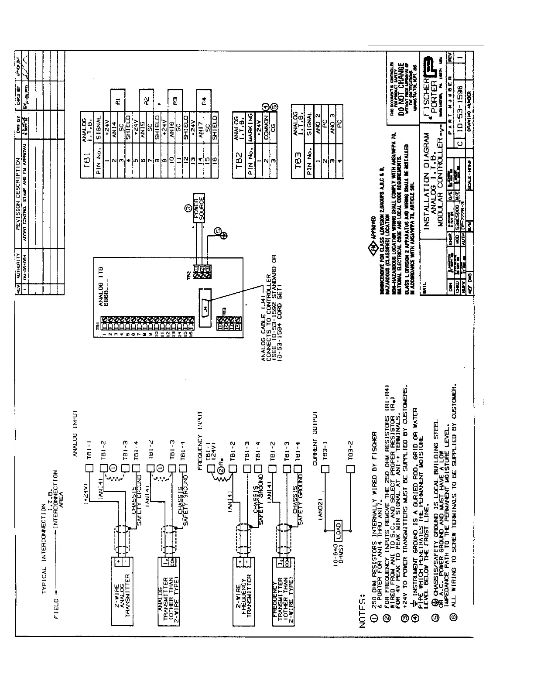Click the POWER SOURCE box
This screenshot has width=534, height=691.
[199, 208]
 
